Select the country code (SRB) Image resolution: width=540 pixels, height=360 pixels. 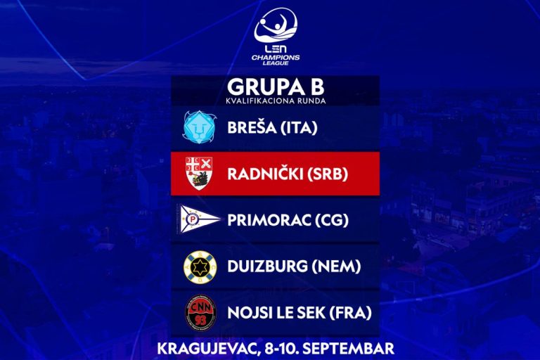point(328,174)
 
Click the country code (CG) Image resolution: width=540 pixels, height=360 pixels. point(332,220)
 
